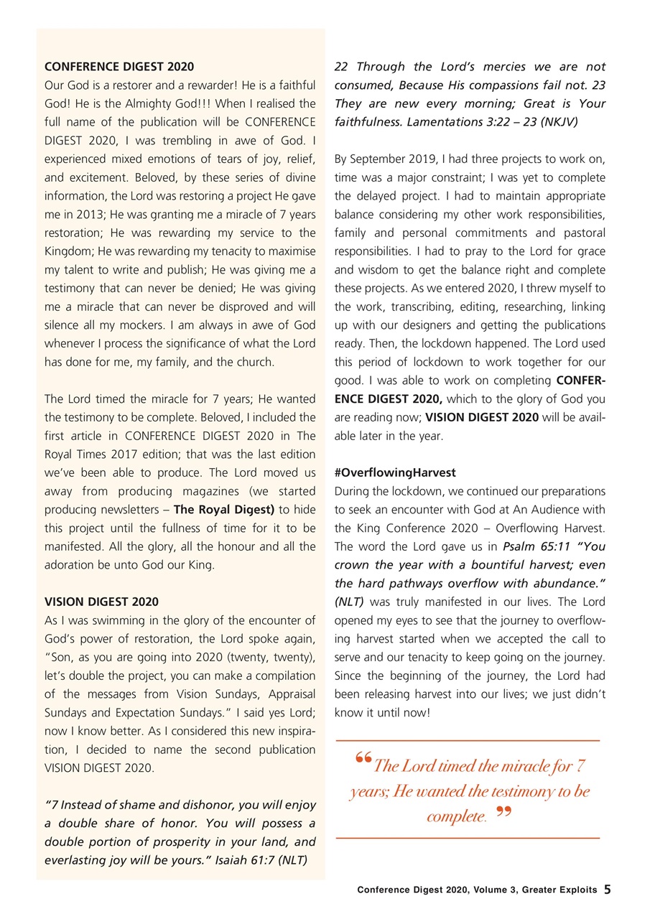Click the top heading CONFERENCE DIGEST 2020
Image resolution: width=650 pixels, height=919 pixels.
pos(119,67)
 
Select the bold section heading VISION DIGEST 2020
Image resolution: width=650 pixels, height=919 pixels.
pos(101,602)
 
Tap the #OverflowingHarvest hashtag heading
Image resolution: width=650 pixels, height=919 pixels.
pos(395,473)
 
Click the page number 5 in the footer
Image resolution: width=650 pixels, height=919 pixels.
pos(607,890)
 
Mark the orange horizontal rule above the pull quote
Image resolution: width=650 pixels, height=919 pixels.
pos(468,740)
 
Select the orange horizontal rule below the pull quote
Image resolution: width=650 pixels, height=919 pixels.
pos(468,838)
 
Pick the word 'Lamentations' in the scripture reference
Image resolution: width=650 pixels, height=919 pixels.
pos(440,123)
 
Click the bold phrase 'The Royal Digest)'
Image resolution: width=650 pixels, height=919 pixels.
pos(224,510)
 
